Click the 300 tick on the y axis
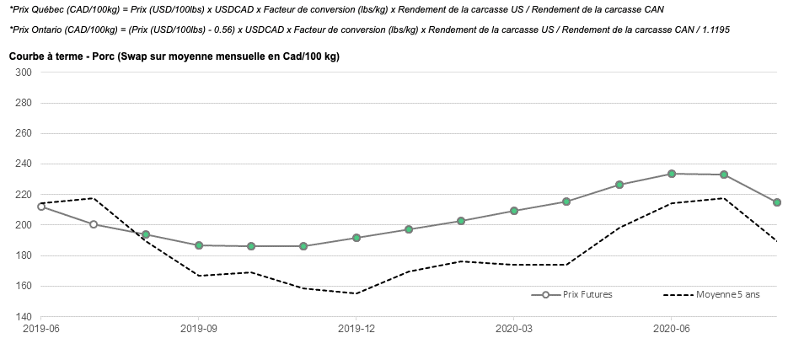click(23, 73)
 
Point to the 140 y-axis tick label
click(23, 317)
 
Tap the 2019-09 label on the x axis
click(199, 328)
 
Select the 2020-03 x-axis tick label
click(514, 328)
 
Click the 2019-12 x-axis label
click(356, 328)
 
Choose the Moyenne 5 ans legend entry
click(728, 294)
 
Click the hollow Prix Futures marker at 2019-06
click(41, 206)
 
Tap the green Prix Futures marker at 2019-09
click(199, 245)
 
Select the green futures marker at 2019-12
click(356, 238)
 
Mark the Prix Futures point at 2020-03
click(514, 211)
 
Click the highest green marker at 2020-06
click(672, 174)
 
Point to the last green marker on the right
click(777, 202)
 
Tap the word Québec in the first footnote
click(46, 9)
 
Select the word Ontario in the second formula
click(47, 30)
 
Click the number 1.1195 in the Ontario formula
click(712, 30)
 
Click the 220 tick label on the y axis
click(23, 195)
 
